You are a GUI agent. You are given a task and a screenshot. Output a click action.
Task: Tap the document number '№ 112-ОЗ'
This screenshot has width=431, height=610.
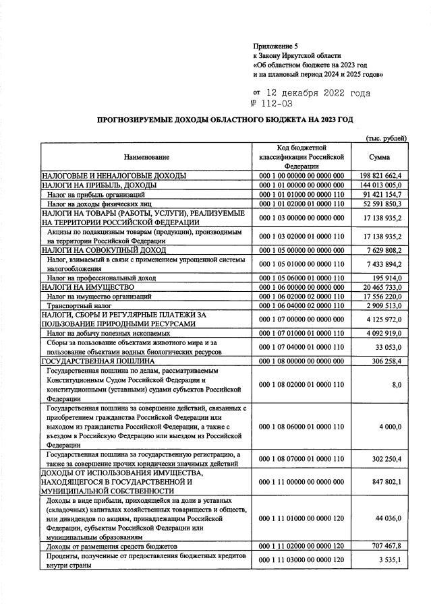[272, 103]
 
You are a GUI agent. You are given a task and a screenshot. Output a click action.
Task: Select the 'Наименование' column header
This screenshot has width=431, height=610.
[146, 157]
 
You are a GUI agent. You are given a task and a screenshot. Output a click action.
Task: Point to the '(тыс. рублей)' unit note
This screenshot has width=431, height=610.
[385, 138]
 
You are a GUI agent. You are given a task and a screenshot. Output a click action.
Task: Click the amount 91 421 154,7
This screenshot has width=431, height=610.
[382, 194]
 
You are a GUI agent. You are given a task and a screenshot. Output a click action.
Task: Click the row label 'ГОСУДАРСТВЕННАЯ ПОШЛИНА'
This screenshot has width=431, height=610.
[99, 361]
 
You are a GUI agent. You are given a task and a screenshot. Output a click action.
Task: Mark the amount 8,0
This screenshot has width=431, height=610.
[397, 384]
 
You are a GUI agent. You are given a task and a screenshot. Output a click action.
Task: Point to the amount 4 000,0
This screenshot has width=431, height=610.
[391, 427]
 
